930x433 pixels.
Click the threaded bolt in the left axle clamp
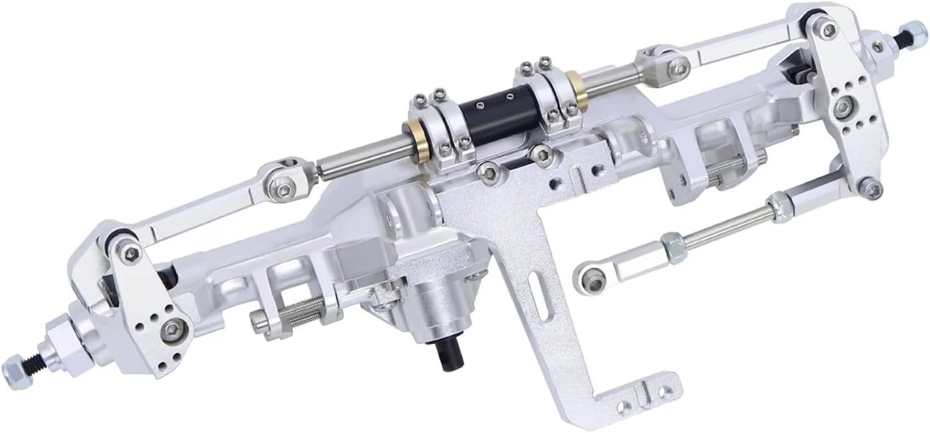[x=290, y=314]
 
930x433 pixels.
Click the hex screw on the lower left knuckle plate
[x=174, y=327]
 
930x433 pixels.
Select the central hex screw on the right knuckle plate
[x=846, y=104]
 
